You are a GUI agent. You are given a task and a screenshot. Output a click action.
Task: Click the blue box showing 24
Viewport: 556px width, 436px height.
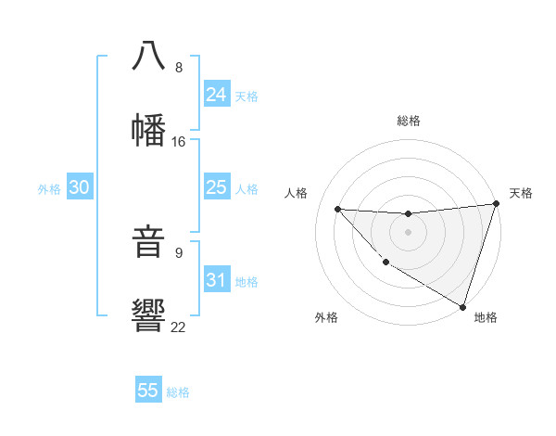tap(217, 95)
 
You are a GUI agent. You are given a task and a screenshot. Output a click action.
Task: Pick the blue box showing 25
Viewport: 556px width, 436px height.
tap(217, 187)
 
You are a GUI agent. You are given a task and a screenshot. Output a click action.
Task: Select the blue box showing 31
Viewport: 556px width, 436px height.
tap(217, 279)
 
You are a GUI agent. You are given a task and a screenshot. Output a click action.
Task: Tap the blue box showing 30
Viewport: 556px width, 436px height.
tap(80, 187)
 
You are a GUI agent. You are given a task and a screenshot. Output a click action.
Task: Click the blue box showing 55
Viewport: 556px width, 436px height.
tap(148, 391)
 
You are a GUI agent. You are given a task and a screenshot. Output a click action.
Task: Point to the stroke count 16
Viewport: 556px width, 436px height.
tap(179, 142)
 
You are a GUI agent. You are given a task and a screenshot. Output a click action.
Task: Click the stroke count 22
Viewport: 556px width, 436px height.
tap(179, 327)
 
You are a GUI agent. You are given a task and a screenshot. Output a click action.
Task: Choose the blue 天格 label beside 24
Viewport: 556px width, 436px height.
tap(246, 96)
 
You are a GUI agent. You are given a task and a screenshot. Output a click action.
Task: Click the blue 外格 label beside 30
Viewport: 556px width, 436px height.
tap(49, 188)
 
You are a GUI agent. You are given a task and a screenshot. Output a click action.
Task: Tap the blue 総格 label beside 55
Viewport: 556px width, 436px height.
tap(178, 391)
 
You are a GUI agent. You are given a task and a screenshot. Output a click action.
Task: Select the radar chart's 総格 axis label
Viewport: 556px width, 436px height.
tap(409, 121)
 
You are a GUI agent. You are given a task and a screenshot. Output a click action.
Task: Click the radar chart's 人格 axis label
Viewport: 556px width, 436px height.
tap(297, 193)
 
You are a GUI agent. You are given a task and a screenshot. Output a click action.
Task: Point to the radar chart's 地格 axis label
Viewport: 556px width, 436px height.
tap(486, 317)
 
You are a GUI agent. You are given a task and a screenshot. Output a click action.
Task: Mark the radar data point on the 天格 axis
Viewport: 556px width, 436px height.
tap(496, 203)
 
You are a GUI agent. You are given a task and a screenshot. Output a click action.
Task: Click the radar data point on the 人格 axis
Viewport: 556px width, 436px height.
tap(338, 209)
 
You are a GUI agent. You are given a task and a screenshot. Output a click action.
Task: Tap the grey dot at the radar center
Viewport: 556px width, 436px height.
tap(408, 231)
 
